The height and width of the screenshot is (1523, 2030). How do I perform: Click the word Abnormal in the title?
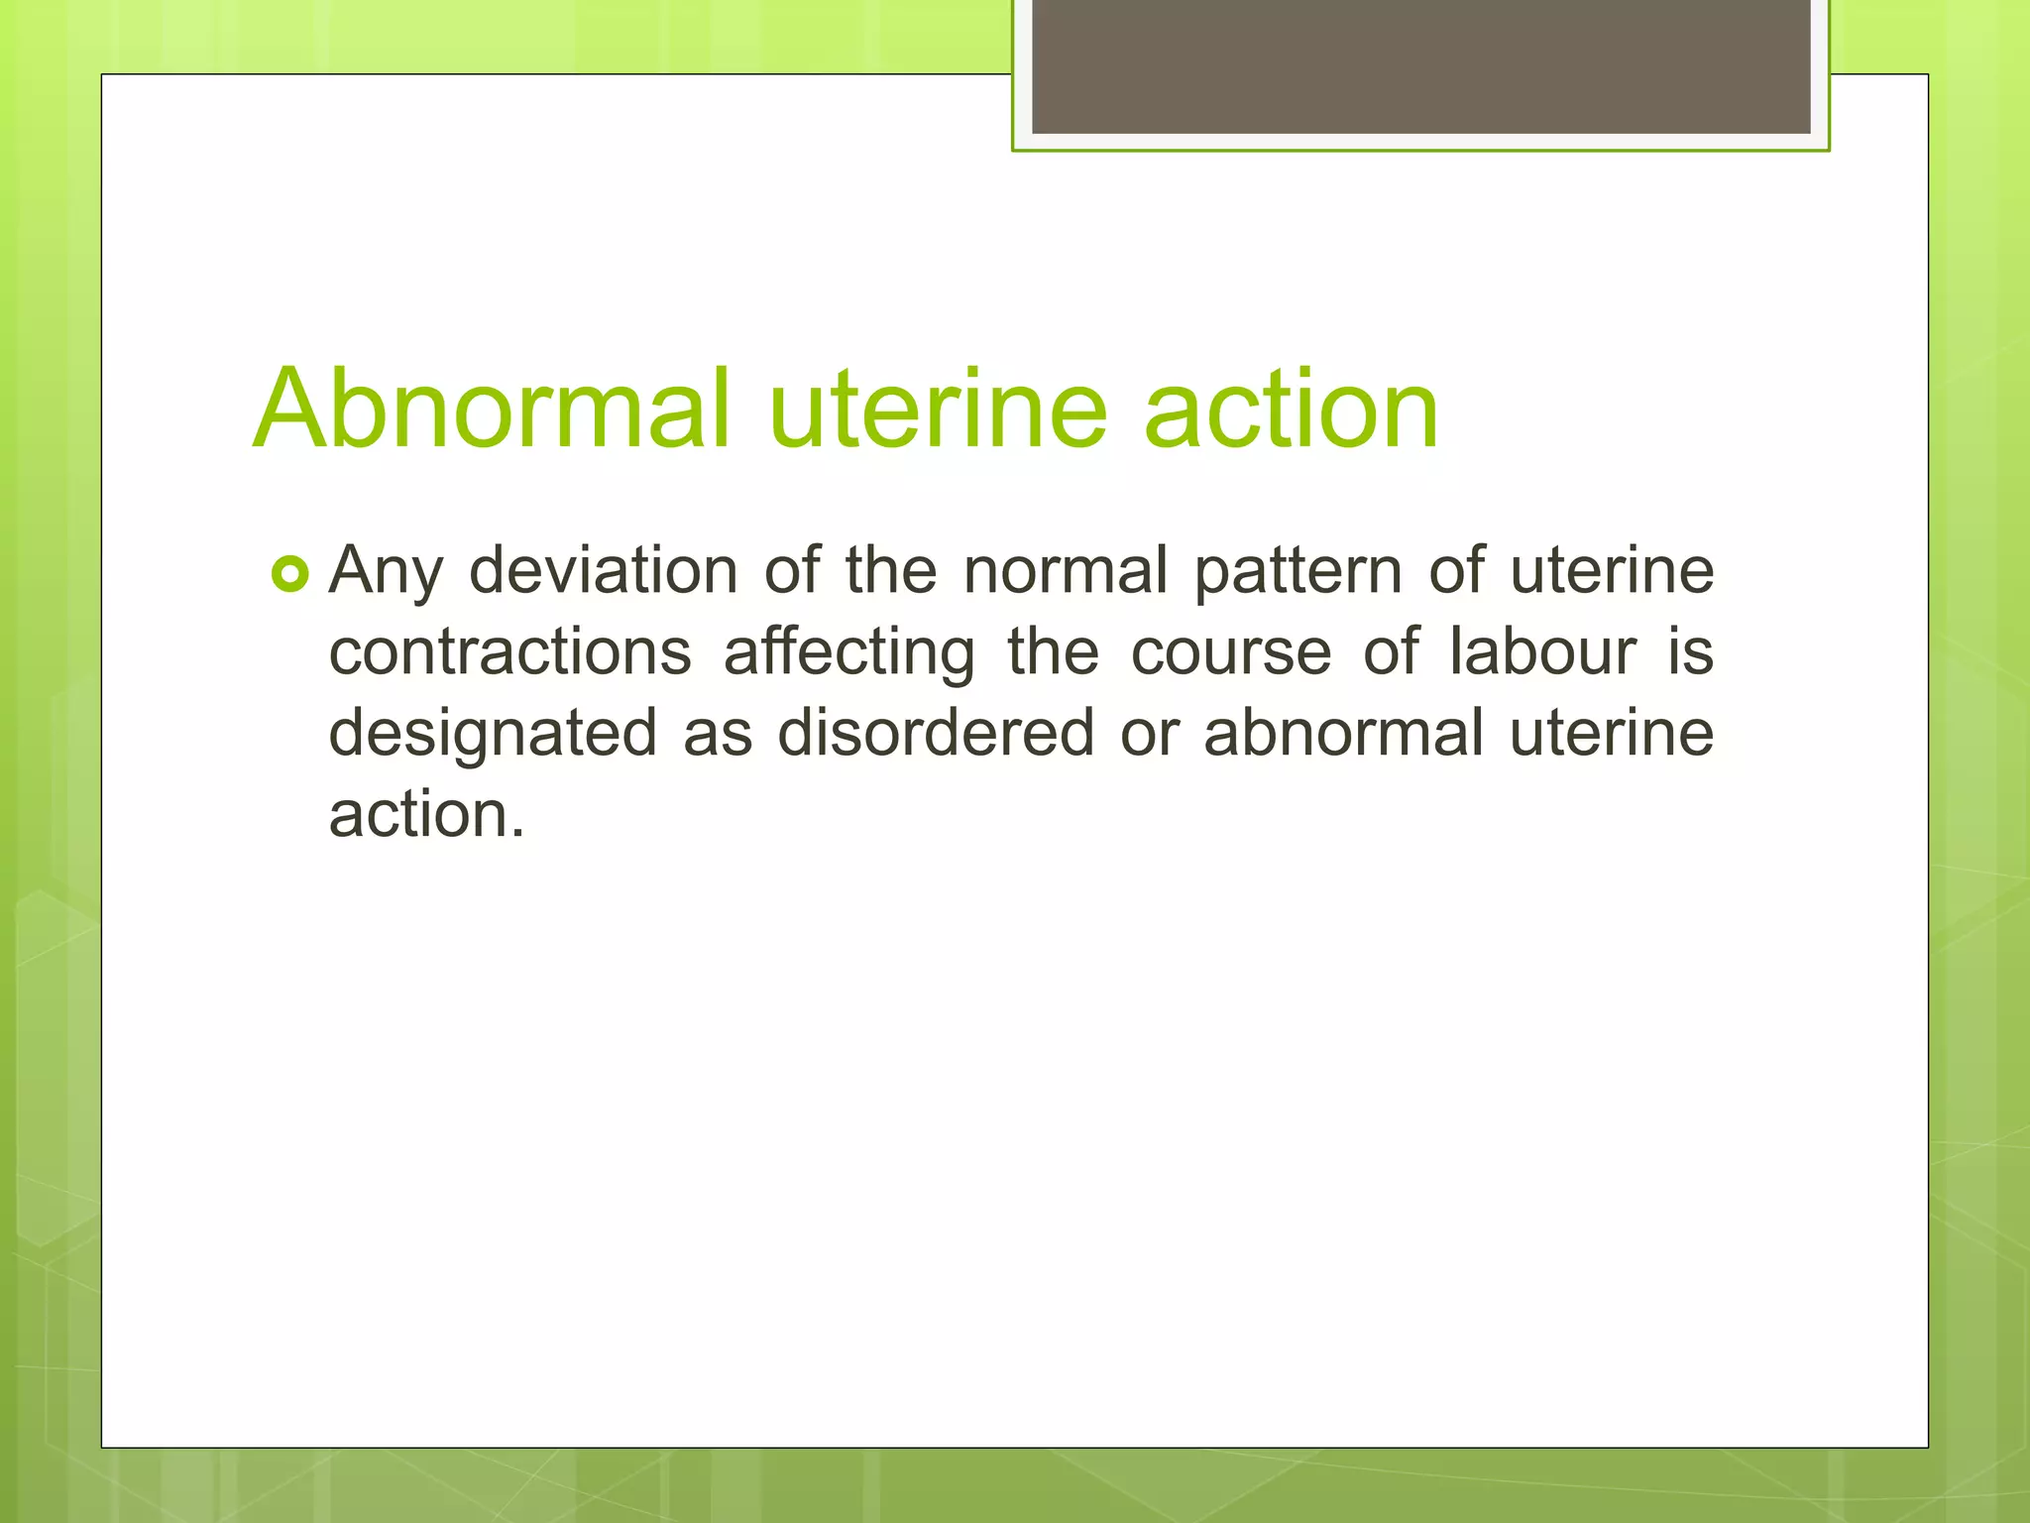492,409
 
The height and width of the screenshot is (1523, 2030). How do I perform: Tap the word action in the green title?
1291,409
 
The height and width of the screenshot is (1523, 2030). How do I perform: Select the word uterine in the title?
937,409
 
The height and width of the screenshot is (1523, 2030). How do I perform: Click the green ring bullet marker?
290,574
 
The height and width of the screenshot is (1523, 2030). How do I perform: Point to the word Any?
386,573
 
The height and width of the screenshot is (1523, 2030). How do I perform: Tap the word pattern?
1297,573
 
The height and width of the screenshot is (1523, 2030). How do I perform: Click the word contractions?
509,653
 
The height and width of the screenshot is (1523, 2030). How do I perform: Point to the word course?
1231,653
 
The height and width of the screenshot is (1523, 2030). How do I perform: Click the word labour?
1542,652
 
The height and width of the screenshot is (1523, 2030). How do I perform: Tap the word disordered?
935,734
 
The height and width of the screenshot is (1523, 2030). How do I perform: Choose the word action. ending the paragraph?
426,815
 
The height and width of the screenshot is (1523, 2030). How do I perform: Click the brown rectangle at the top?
1420,65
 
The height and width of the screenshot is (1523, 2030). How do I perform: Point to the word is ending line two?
1690,652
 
